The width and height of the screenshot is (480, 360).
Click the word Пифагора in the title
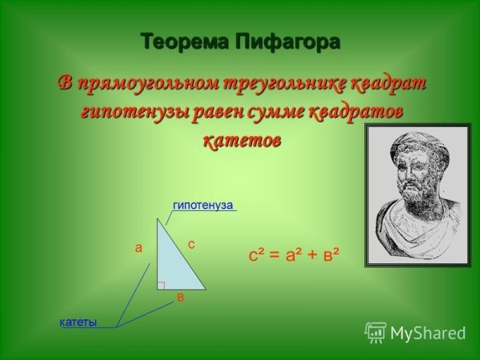click(285, 42)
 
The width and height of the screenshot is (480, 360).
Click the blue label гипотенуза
click(202, 206)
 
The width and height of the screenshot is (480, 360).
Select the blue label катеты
click(78, 322)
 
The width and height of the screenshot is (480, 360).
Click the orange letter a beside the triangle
click(138, 248)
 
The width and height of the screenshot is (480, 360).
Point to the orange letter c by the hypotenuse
click(191, 242)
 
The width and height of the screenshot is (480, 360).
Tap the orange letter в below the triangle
click(181, 298)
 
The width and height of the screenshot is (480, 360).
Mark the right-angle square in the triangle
click(161, 285)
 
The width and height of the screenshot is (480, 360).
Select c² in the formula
click(258, 255)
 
